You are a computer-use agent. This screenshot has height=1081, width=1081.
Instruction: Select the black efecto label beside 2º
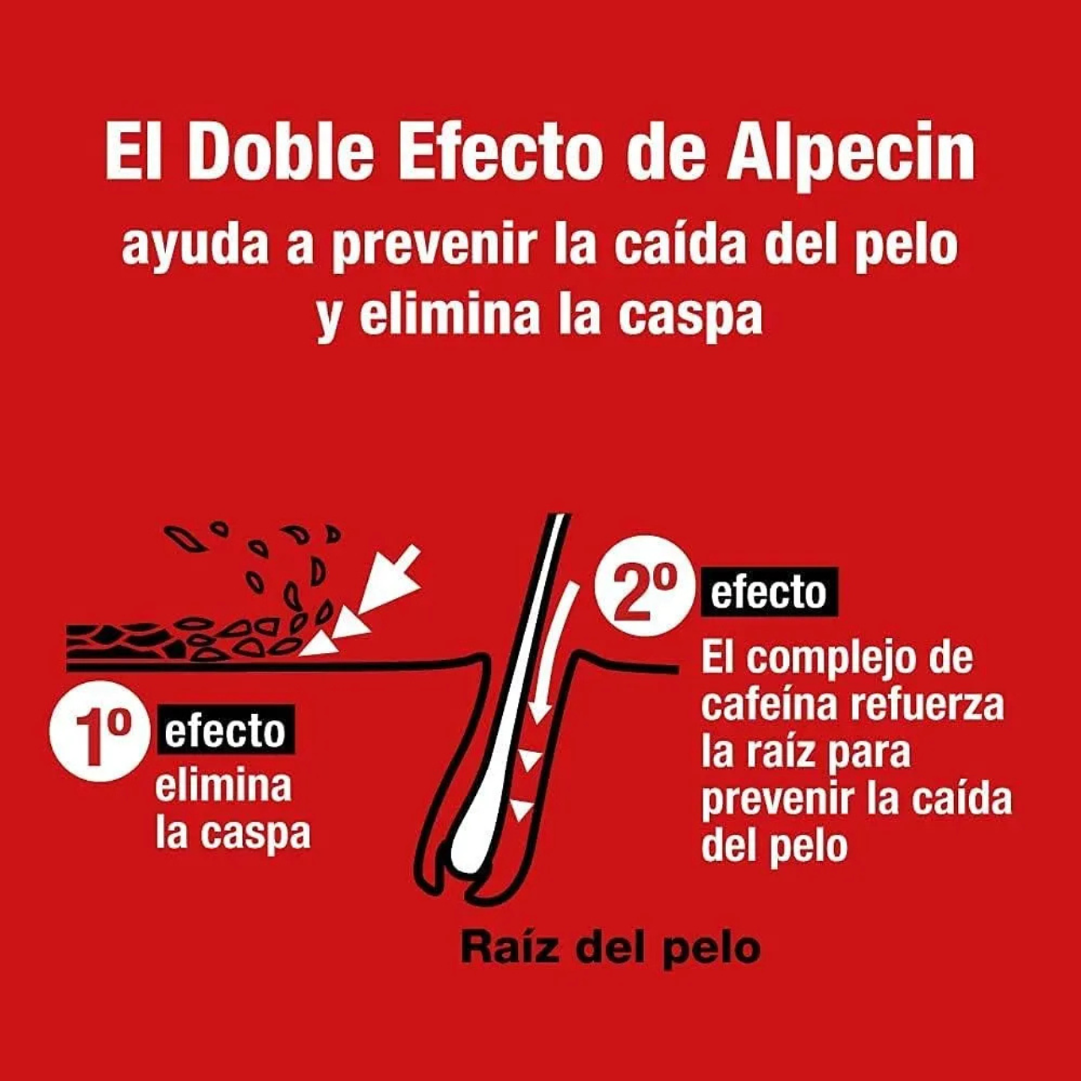point(768,593)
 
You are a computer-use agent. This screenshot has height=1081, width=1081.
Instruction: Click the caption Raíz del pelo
point(610,947)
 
